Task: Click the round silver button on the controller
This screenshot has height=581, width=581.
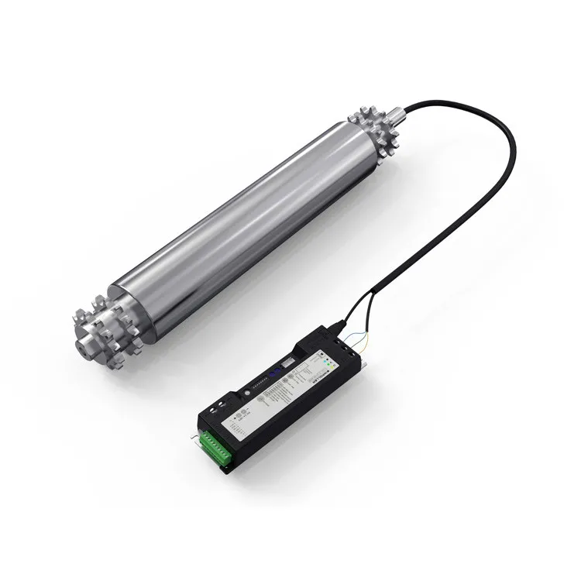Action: click(x=247, y=393)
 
